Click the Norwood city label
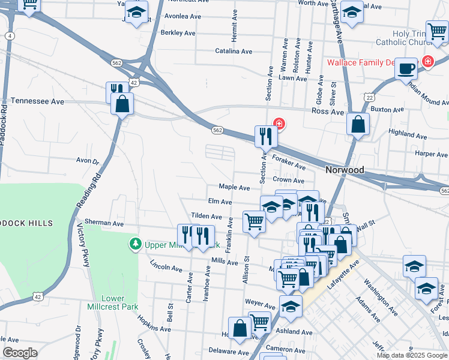click(345, 170)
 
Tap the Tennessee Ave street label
click(37, 101)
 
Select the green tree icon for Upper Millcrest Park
click(136, 244)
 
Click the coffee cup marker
click(406, 68)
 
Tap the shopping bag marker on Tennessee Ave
click(122, 104)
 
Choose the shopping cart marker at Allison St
click(254, 221)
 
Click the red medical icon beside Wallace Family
click(427, 61)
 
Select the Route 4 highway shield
click(10, 37)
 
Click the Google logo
click(19, 352)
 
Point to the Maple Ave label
click(234, 187)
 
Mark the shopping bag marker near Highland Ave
click(358, 125)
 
